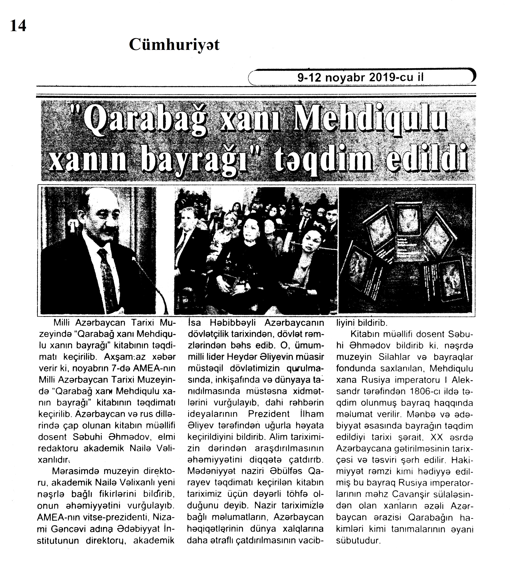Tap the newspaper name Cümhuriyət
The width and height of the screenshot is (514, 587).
click(174, 45)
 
